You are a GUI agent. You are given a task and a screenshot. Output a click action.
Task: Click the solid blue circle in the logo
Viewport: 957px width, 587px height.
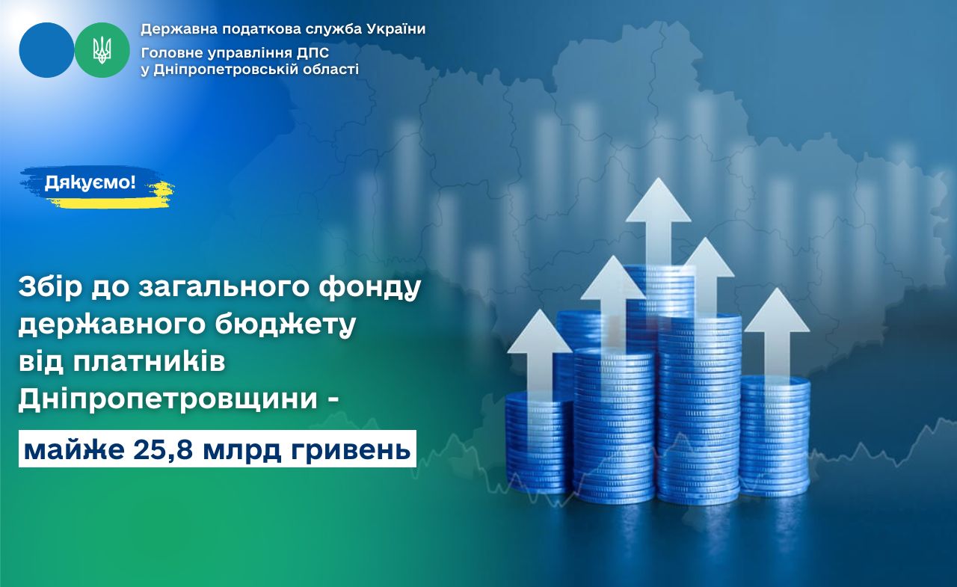point(46,50)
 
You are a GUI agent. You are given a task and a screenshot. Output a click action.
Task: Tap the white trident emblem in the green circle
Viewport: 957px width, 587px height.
point(102,50)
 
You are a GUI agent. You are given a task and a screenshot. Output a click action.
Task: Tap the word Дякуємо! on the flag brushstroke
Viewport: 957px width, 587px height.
point(90,183)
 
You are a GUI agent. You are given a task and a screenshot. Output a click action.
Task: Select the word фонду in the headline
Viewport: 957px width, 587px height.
point(370,288)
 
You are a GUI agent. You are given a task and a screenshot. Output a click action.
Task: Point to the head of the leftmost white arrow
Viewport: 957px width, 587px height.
point(540,331)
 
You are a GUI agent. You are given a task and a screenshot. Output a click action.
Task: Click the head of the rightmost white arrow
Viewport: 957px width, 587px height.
point(777,310)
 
